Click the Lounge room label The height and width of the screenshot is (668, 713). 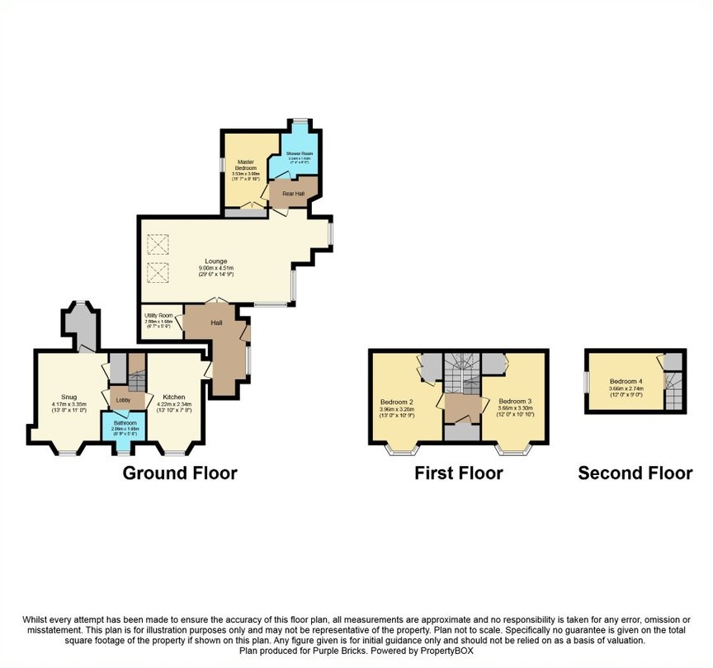click(x=216, y=261)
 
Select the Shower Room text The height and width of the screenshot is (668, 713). click(x=299, y=153)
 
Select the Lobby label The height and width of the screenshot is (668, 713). click(x=123, y=401)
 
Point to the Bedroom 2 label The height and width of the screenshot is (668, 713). click(x=396, y=402)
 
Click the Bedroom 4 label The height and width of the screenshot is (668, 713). click(x=626, y=381)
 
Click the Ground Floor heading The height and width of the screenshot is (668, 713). click(x=180, y=473)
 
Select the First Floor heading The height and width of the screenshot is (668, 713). click(x=459, y=473)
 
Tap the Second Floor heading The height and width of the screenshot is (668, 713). click(x=635, y=473)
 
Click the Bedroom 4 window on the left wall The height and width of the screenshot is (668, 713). click(x=586, y=383)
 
